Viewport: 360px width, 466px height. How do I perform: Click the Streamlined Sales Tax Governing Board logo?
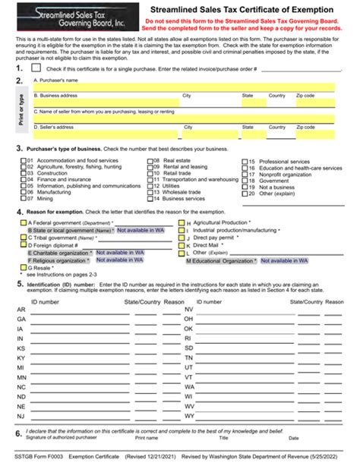click(74, 16)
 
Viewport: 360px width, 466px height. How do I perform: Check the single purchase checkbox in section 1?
click(36, 69)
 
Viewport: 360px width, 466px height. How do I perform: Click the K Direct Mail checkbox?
click(181, 245)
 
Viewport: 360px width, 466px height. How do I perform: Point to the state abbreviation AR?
click(21, 310)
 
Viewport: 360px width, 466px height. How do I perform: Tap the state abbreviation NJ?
click(21, 416)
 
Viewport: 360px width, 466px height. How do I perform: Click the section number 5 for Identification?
click(18, 283)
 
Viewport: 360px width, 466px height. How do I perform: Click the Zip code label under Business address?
click(305, 96)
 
